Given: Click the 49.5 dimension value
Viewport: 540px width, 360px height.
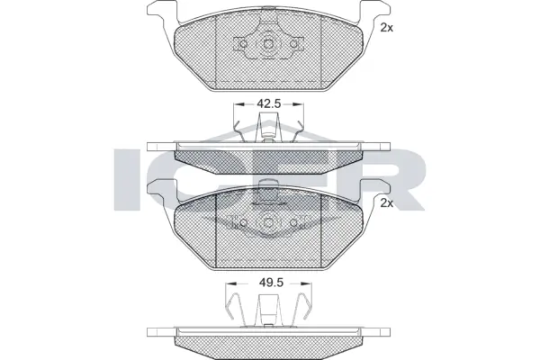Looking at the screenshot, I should [270, 283].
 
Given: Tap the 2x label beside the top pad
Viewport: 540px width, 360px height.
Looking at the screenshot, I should [387, 28].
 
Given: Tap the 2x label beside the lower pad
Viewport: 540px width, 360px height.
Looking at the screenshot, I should [387, 203].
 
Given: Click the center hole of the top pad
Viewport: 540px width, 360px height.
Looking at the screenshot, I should [269, 46].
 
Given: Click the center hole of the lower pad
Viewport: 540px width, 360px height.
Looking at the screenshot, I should [269, 223].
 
